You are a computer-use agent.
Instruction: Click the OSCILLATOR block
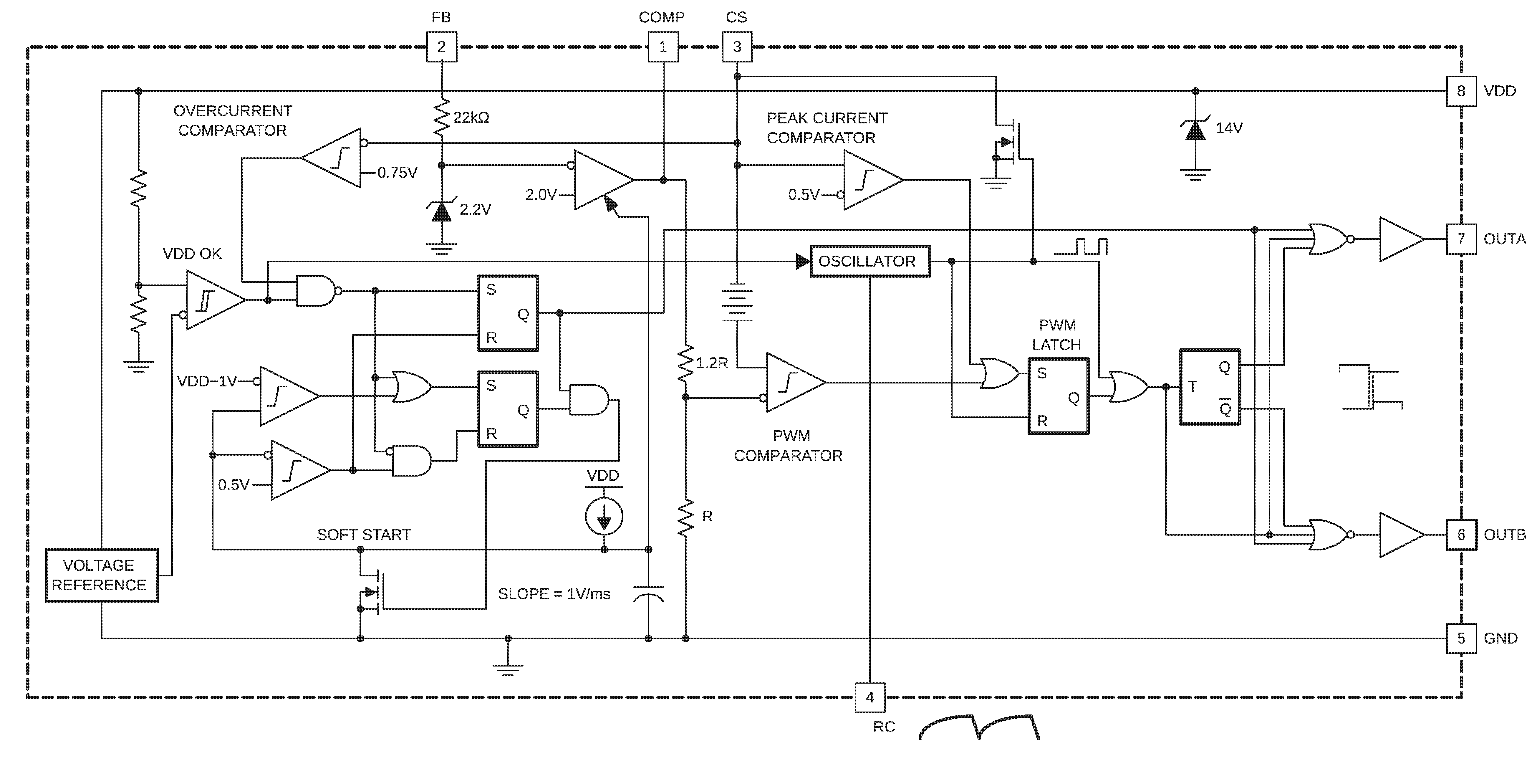click(869, 261)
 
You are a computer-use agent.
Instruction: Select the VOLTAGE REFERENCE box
click(101, 575)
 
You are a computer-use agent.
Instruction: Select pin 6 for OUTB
click(1461, 535)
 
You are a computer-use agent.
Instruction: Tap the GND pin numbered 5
click(1461, 639)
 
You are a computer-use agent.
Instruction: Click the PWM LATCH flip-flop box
click(1058, 396)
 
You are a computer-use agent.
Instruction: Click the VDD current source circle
click(604, 517)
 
